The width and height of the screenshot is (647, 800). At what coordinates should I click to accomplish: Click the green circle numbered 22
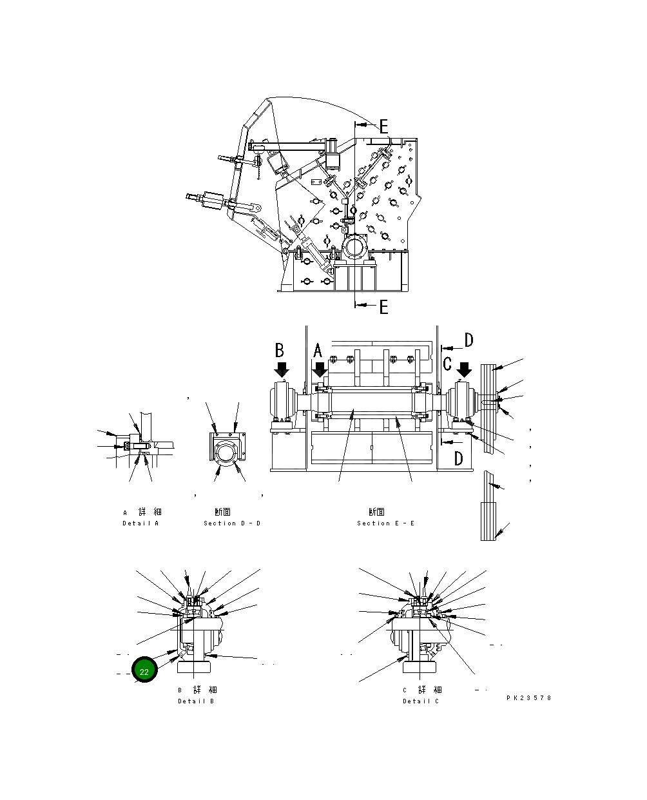(x=144, y=671)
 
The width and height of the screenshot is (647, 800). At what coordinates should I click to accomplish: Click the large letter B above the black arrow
(x=280, y=350)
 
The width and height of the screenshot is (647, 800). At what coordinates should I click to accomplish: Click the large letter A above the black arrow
(x=318, y=351)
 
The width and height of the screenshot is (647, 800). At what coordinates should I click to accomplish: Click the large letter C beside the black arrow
(x=447, y=364)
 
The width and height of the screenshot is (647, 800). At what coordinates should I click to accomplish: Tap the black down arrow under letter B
(x=282, y=370)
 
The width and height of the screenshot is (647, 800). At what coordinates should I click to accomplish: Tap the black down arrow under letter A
(x=320, y=370)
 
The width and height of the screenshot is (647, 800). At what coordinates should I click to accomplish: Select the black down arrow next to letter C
(x=464, y=370)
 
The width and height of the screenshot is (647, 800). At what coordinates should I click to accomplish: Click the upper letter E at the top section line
(x=383, y=126)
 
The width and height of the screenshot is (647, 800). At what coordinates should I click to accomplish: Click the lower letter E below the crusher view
(x=383, y=307)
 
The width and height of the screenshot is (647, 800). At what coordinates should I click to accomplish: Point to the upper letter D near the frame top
(x=468, y=340)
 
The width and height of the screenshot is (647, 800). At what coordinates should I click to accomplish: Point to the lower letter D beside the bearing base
(x=458, y=458)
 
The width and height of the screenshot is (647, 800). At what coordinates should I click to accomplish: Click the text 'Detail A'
(x=140, y=523)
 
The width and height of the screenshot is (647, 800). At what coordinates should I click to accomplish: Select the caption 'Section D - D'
(x=232, y=523)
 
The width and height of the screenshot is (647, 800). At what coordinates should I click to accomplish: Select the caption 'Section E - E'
(x=385, y=523)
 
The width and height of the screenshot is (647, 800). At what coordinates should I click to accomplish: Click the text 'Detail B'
(x=196, y=701)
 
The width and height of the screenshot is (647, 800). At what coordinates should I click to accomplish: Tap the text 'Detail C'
(x=421, y=701)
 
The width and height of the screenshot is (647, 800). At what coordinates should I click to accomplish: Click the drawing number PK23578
(x=529, y=698)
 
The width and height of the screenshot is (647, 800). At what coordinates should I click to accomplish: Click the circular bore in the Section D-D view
(x=226, y=453)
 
